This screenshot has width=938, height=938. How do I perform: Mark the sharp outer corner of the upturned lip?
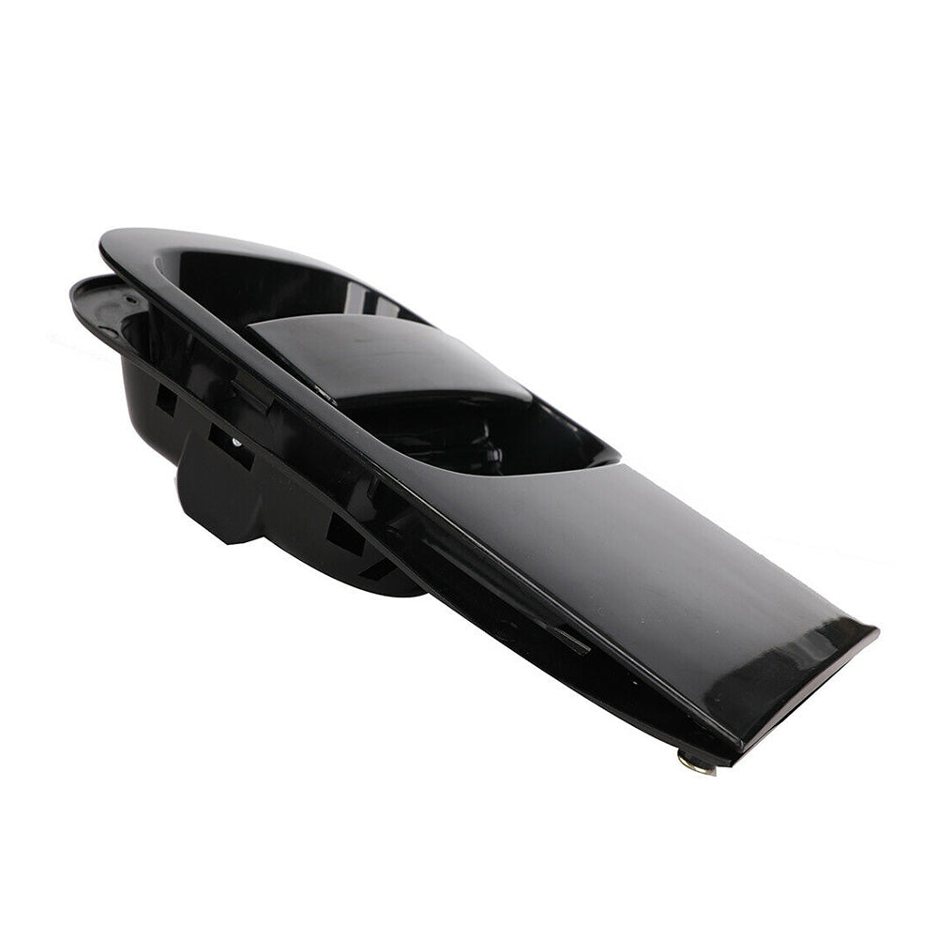click(876, 631)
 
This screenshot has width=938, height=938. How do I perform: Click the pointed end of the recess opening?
click(614, 459)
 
